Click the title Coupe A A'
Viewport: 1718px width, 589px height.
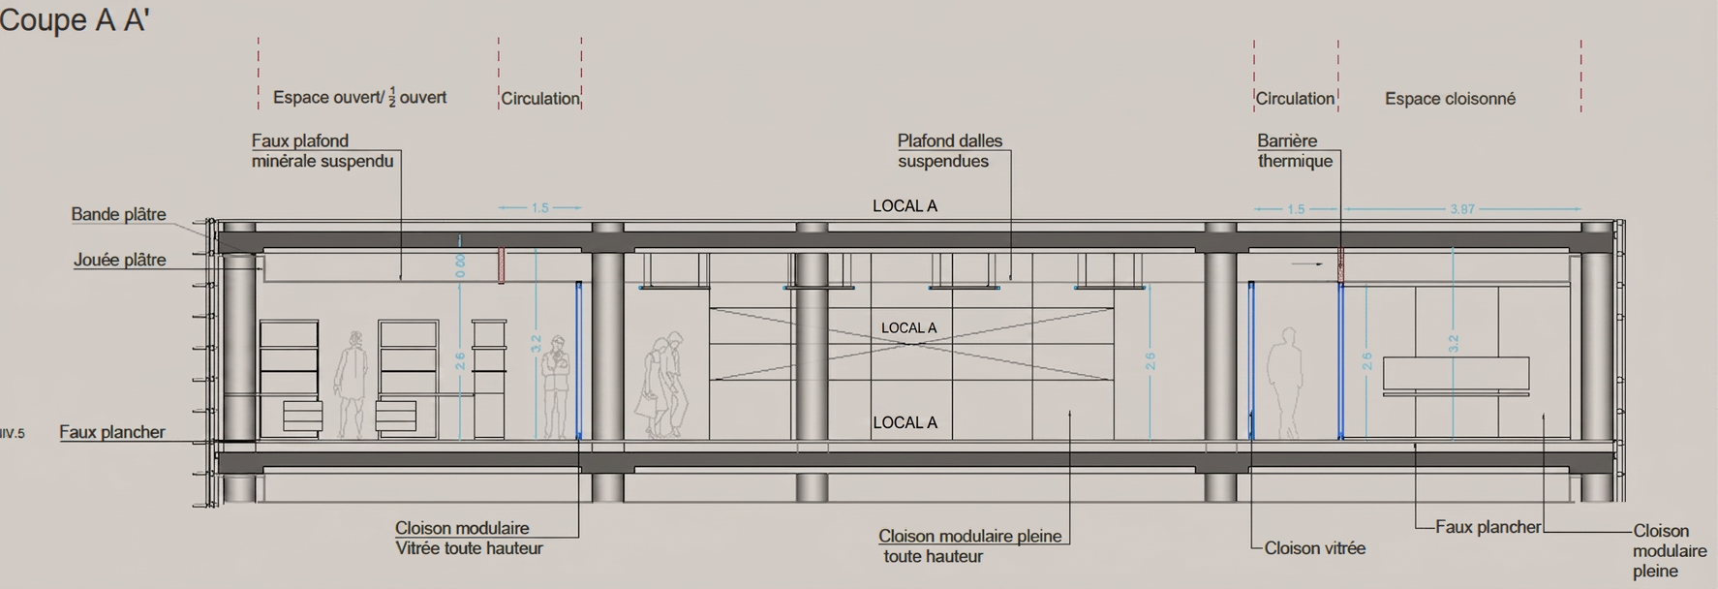(x=74, y=19)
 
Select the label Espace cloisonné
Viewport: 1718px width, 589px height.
(x=1450, y=99)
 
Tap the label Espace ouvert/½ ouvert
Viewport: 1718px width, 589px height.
(x=359, y=98)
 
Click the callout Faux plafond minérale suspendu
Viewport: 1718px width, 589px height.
(x=322, y=151)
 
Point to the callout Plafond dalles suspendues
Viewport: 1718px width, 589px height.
(x=949, y=151)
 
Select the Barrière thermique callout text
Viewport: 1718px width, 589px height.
(x=1295, y=151)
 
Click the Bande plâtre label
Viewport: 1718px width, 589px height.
(x=118, y=214)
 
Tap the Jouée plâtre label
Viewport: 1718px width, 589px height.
(x=119, y=260)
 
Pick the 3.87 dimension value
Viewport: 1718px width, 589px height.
(x=1462, y=209)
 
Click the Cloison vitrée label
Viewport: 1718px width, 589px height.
(x=1314, y=548)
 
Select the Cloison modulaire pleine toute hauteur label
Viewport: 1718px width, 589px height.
(x=969, y=546)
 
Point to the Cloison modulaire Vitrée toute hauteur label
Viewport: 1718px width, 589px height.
(x=469, y=539)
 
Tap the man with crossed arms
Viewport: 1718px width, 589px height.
(x=555, y=387)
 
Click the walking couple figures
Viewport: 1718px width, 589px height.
(x=661, y=385)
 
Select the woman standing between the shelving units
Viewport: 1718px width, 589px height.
(x=351, y=385)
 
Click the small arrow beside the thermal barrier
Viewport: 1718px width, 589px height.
(x=1306, y=263)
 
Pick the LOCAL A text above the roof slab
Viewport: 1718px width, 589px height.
(x=905, y=206)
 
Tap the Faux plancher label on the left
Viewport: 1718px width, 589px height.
(x=112, y=432)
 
